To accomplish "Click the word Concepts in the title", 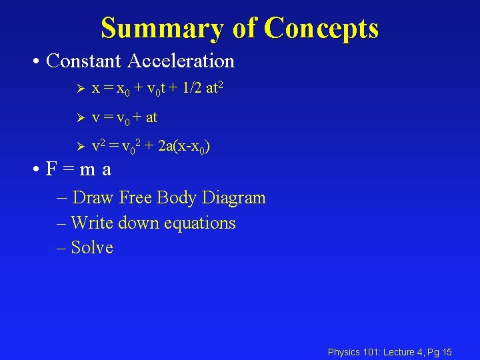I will point(321,29).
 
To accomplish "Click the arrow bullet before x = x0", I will point(78,89).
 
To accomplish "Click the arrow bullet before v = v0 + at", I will point(78,118).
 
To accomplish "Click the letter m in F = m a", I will point(87,170).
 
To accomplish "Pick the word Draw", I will point(93,198).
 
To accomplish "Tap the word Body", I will point(175,198).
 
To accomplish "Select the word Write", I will point(92,223).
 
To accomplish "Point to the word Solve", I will point(92,247).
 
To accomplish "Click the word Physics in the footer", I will point(344,352).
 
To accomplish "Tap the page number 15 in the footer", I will point(447,352).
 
